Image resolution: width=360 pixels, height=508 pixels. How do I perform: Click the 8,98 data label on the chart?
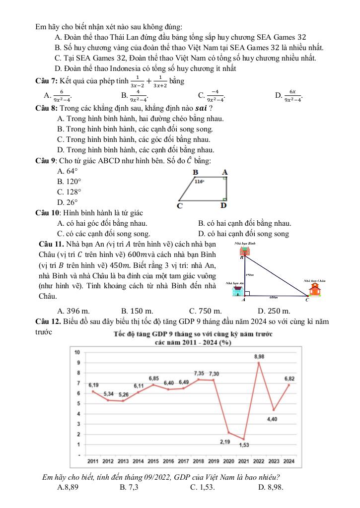pyautogui.click(x=259, y=357)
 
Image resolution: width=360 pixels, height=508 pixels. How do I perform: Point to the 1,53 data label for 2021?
pyautogui.click(x=244, y=445)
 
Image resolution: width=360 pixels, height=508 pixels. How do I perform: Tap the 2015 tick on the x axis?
pyautogui.click(x=153, y=461)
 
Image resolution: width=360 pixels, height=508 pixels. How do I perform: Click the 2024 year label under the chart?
pyautogui.click(x=289, y=461)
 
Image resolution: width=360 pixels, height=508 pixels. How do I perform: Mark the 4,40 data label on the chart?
pyautogui.click(x=272, y=419)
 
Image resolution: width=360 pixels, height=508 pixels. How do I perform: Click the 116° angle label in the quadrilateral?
pyautogui.click(x=200, y=182)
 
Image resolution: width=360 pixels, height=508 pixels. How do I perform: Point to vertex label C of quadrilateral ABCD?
pyautogui.click(x=180, y=205)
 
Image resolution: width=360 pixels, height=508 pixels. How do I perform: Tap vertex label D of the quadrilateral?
pyautogui.click(x=223, y=205)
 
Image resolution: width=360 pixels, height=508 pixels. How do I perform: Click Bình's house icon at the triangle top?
pyautogui.click(x=245, y=251)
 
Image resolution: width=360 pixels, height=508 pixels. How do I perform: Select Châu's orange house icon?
pyautogui.click(x=315, y=289)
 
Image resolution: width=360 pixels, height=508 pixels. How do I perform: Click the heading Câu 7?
pyautogui.click(x=46, y=81)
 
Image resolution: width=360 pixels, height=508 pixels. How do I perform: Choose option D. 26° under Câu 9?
pyautogui.click(x=68, y=202)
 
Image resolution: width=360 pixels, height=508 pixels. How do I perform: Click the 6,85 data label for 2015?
pyautogui.click(x=154, y=378)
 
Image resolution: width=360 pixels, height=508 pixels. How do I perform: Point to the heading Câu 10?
pyautogui.click(x=48, y=213)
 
